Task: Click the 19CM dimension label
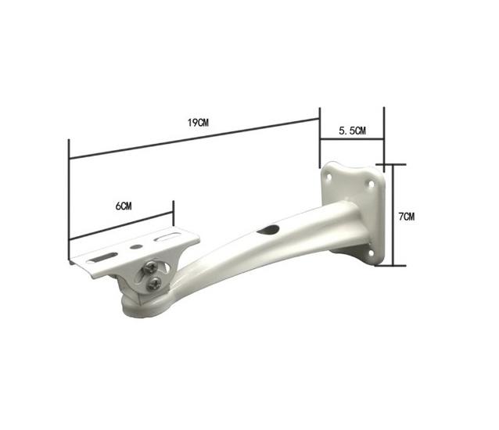coord(198,123)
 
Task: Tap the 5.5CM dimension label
coord(352,131)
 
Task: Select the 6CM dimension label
coord(124,206)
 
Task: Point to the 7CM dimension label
coord(407,217)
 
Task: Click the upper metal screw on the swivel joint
coord(149,268)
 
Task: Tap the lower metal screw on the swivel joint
coord(154,284)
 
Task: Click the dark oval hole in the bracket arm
coord(268,230)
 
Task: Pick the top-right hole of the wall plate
coord(371,185)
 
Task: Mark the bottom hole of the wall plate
coord(371,253)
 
